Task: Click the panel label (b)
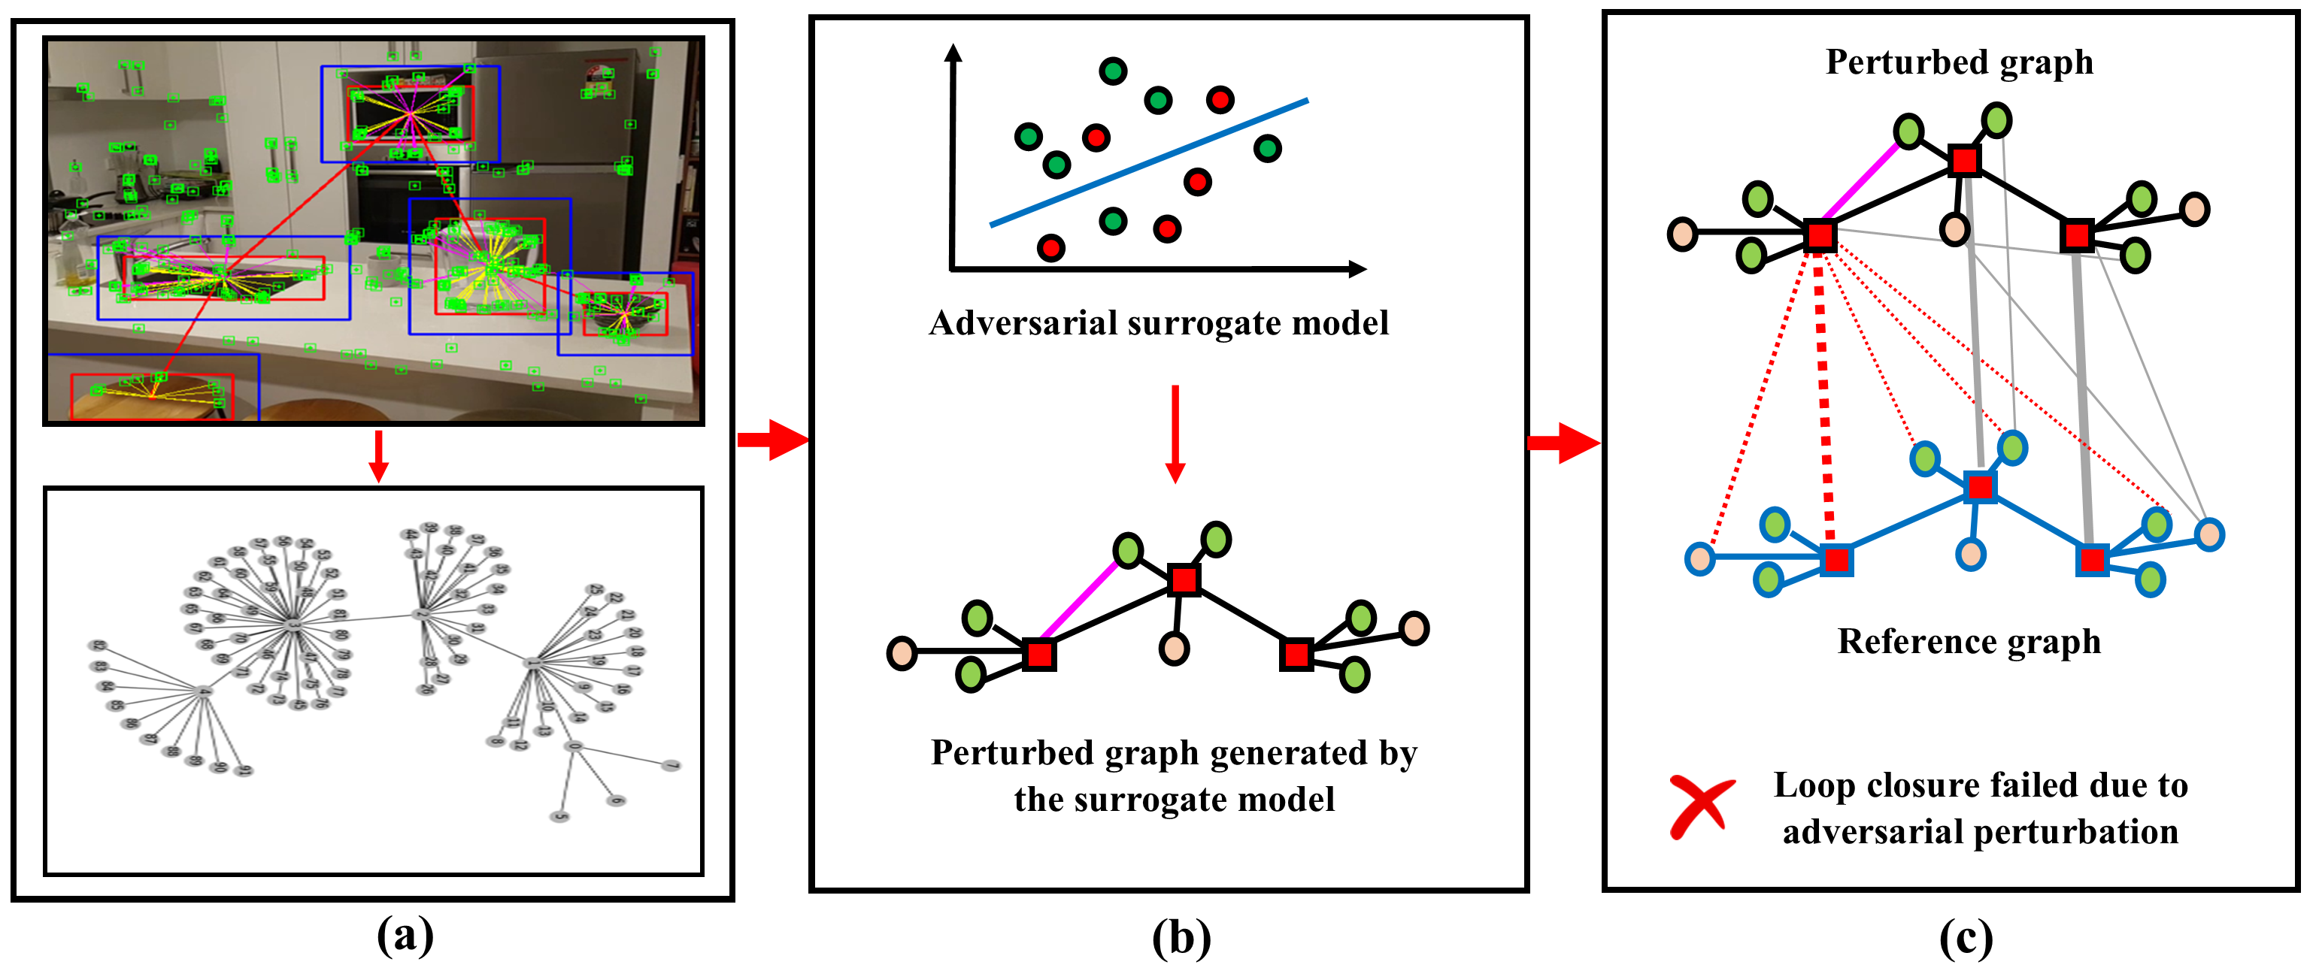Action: [1181, 938]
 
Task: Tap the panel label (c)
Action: [1966, 938]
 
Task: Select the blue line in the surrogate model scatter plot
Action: [1149, 162]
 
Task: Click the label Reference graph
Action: [1969, 642]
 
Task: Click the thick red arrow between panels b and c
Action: [1563, 442]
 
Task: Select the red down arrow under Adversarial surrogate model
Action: [1175, 434]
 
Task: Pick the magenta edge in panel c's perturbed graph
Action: [1860, 183]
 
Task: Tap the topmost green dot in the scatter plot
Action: [1113, 70]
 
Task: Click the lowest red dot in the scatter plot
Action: [1050, 247]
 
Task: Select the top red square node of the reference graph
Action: [1980, 487]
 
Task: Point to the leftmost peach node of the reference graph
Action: [1699, 558]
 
